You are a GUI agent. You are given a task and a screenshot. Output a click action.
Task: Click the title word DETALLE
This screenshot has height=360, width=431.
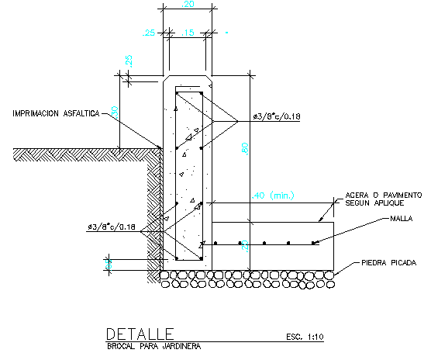(140, 334)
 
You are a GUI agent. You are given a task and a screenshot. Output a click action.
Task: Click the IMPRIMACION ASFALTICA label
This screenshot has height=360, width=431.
(55, 113)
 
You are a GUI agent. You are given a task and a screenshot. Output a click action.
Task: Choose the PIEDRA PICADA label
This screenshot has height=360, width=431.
(389, 264)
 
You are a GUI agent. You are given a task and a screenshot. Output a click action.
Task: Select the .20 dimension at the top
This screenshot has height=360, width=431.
(187, 5)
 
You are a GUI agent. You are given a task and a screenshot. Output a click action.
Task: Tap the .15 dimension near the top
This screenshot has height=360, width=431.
(188, 33)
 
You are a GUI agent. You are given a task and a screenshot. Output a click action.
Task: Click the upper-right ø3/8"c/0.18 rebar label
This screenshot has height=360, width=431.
(276, 116)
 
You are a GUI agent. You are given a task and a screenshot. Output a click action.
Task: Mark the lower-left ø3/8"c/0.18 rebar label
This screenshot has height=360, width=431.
(112, 227)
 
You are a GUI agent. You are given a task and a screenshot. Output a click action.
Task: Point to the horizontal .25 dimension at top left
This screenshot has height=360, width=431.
(149, 33)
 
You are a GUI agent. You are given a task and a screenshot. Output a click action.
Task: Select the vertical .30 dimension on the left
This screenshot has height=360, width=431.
(114, 112)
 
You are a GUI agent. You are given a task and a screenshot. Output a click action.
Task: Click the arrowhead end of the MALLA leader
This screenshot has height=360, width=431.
(314, 244)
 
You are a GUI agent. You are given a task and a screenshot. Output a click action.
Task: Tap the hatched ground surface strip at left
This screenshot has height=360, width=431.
(78, 154)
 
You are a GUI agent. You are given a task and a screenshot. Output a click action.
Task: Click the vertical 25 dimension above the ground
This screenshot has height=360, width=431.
(129, 60)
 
